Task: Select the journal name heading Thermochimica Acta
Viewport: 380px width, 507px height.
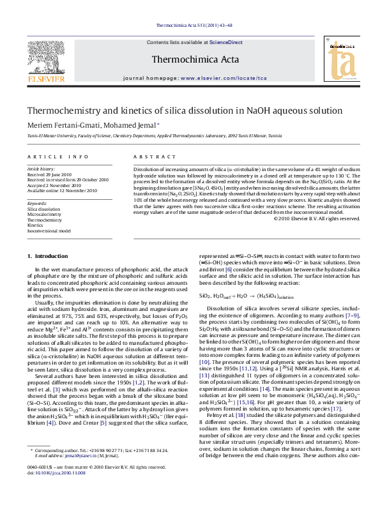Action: coord(190,60)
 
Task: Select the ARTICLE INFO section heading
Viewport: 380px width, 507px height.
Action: coord(57,156)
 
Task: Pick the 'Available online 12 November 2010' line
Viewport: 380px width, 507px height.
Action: coord(62,190)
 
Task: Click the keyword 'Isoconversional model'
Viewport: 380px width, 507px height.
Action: coord(49,231)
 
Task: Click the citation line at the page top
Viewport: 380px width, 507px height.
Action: coord(190,26)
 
